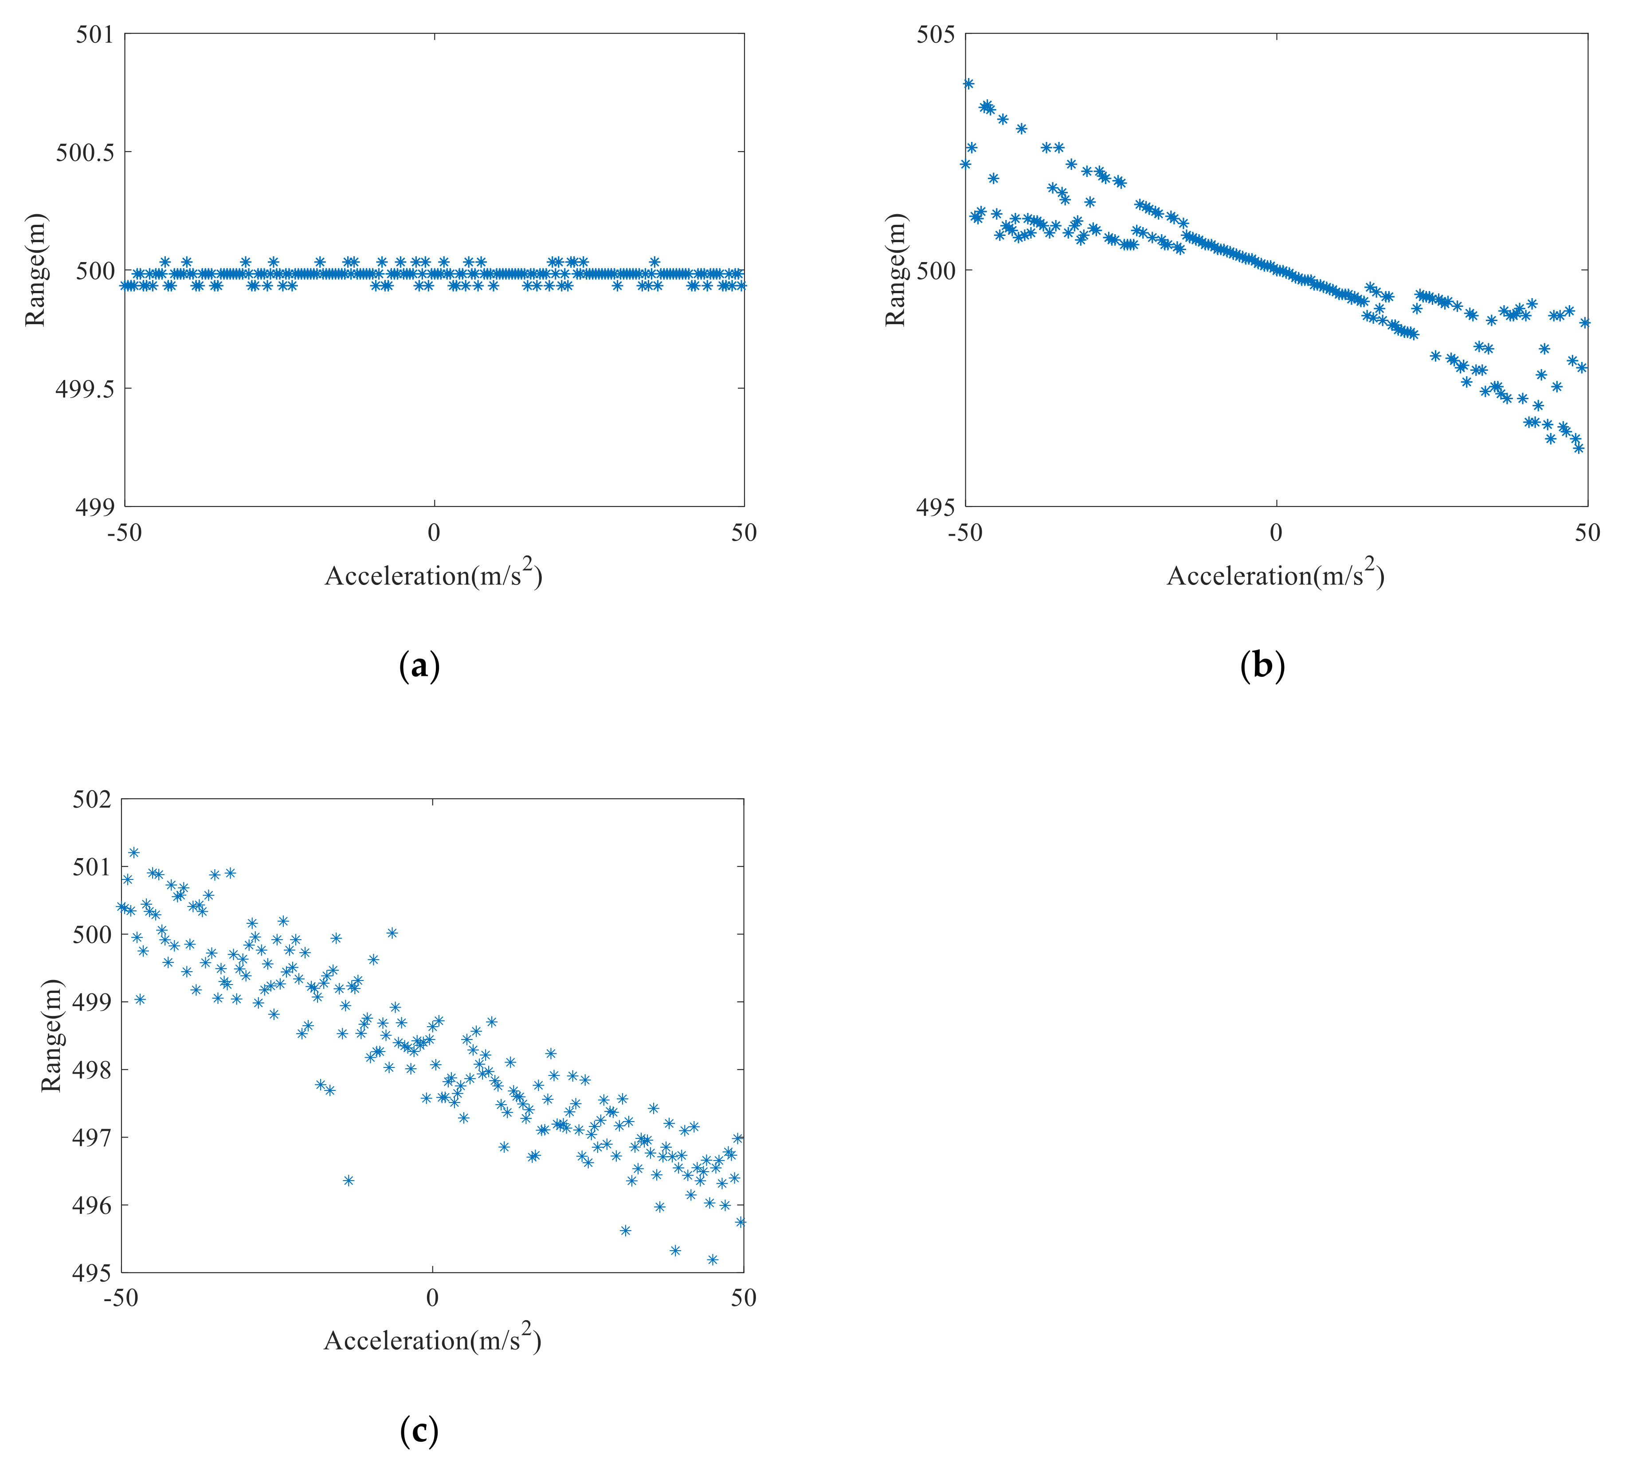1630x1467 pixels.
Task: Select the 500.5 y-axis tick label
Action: tap(85, 153)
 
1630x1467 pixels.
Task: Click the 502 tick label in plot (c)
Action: tap(91, 800)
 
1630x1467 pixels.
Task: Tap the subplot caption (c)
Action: tap(419, 1432)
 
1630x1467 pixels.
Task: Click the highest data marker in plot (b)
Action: tap(968, 84)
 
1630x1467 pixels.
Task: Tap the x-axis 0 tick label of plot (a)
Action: tap(434, 533)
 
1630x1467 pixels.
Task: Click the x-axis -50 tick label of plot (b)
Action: tap(964, 533)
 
